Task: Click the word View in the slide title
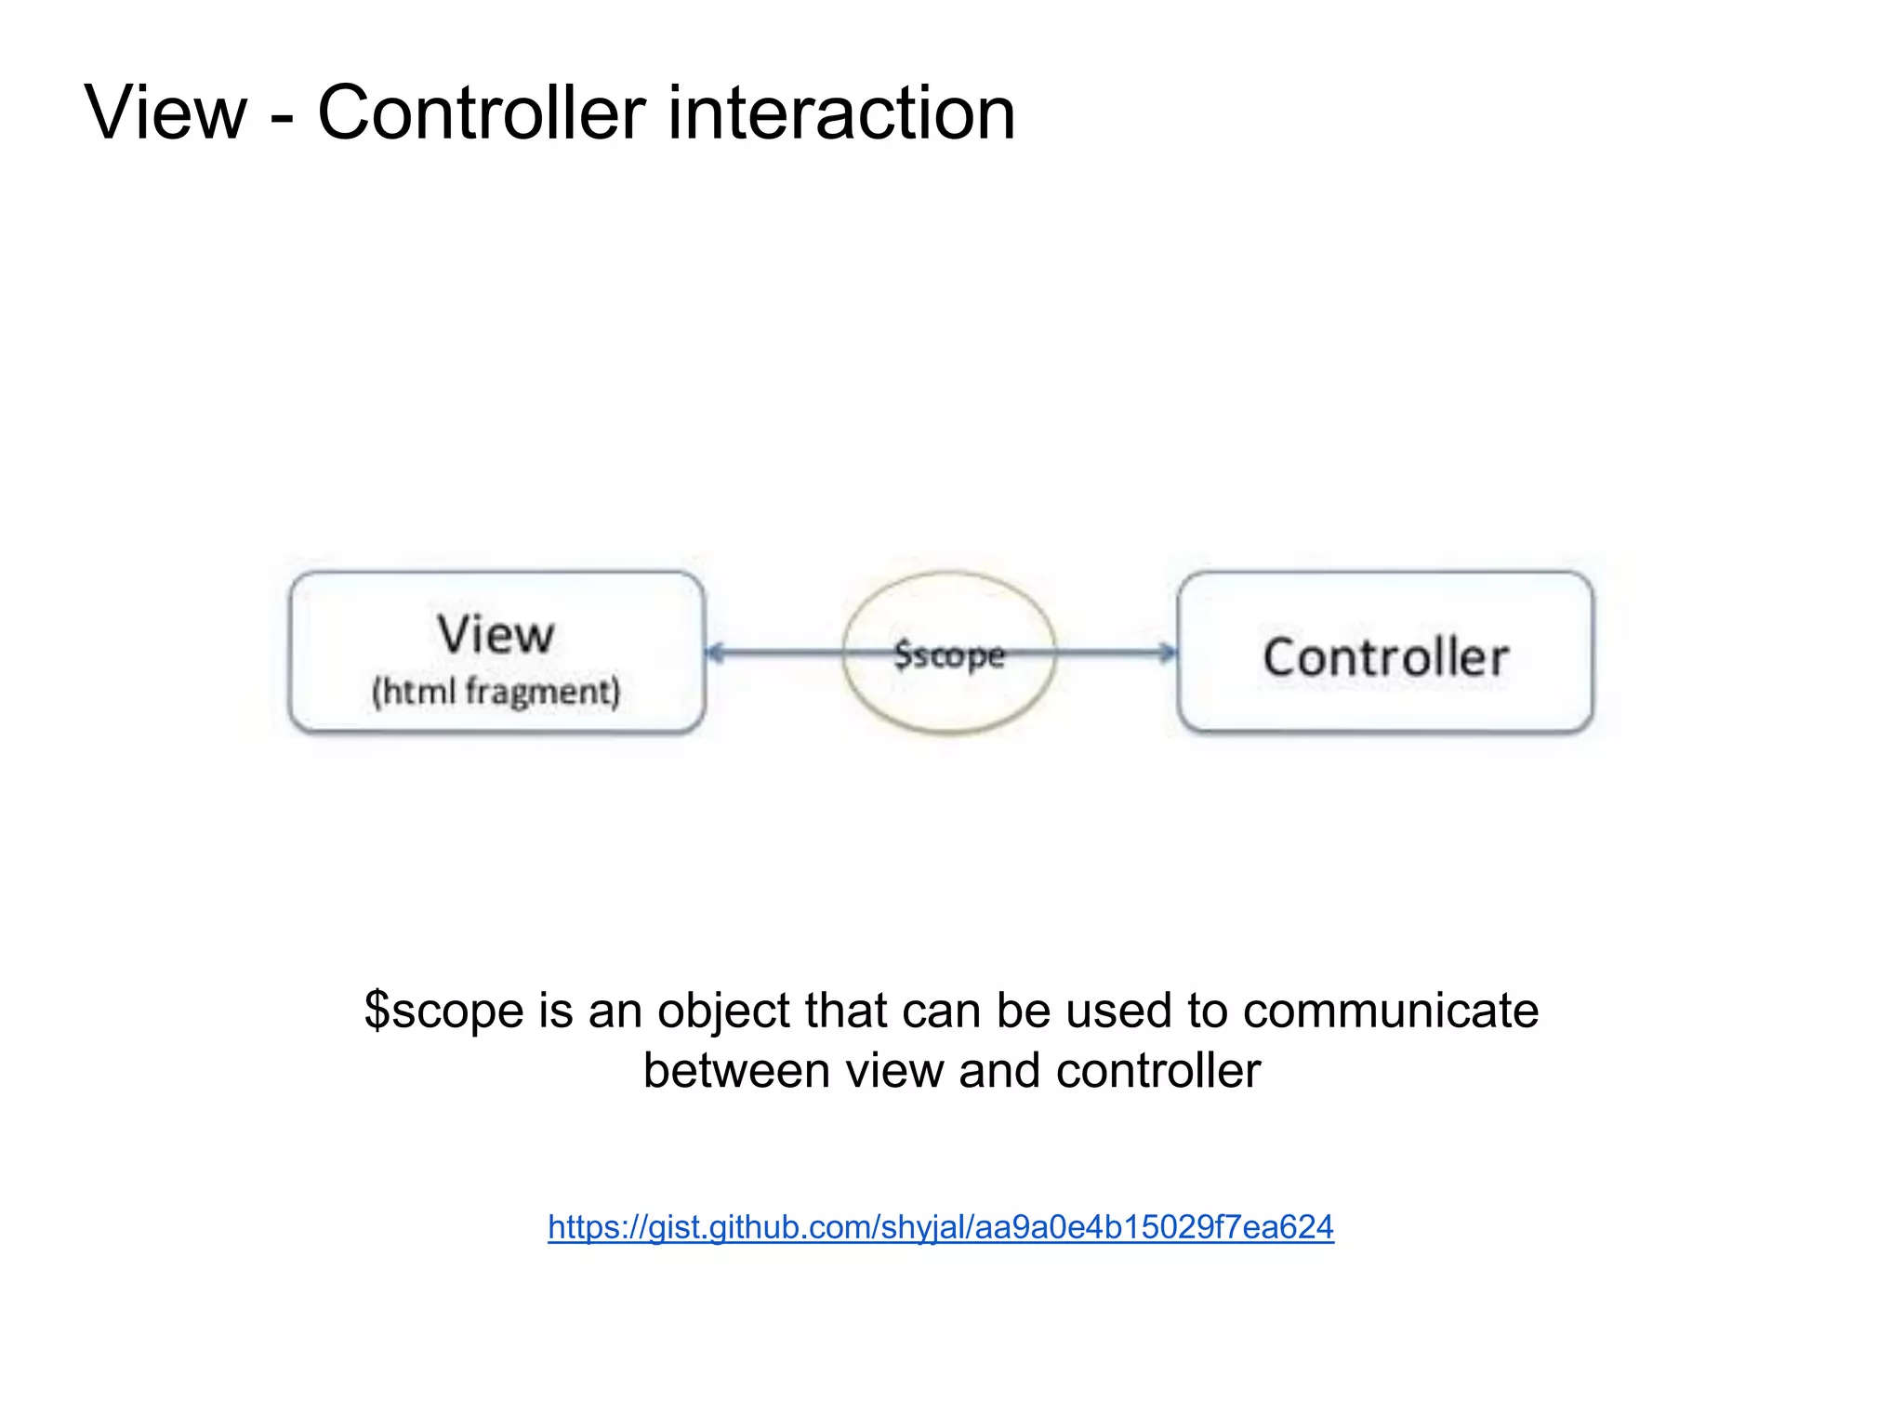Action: pos(165,112)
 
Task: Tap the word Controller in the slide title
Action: pos(482,112)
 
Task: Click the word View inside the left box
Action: pos(496,635)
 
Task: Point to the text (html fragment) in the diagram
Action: pos(496,693)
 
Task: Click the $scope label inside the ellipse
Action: pos(949,655)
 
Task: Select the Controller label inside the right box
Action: pos(1385,657)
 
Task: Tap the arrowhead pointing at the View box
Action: pos(714,653)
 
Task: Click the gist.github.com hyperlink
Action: pos(940,1227)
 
